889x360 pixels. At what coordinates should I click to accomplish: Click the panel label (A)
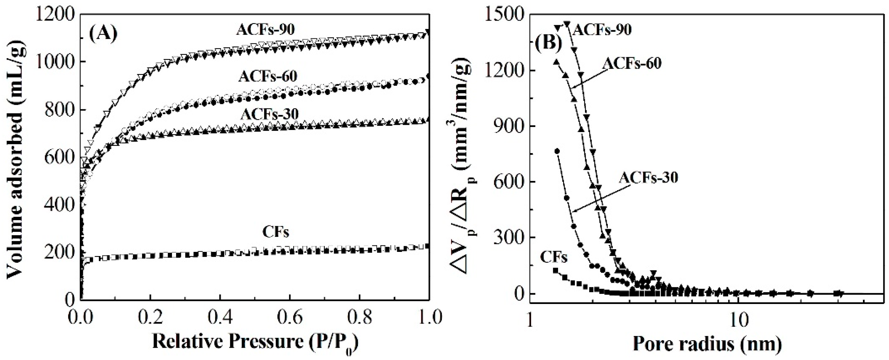103,34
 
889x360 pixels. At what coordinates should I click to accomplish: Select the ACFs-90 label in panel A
265,30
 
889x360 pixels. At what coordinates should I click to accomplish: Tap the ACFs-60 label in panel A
268,76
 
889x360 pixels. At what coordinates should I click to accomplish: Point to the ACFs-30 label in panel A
270,114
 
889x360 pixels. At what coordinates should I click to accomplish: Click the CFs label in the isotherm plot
275,232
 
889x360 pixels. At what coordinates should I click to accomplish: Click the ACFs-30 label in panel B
648,177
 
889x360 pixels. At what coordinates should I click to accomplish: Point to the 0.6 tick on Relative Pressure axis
290,317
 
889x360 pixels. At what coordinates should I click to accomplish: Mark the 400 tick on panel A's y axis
57,205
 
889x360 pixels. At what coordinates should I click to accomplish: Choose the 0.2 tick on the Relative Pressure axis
150,317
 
